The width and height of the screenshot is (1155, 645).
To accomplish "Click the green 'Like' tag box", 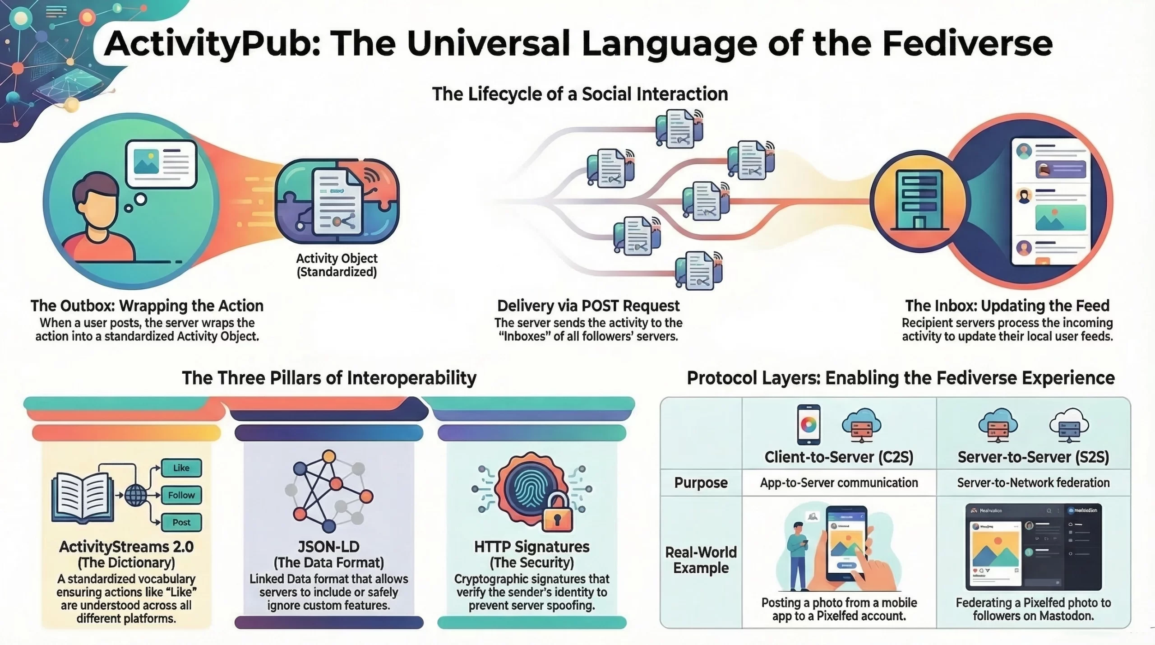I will (x=181, y=468).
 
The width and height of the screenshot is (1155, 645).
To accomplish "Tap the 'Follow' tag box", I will (x=181, y=495).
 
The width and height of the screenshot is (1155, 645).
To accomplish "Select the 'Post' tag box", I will (x=181, y=522).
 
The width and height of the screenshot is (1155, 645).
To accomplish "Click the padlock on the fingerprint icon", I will (x=558, y=514).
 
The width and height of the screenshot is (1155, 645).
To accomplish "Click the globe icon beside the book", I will (x=135, y=495).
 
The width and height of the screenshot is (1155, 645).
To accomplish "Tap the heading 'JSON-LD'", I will (x=328, y=547).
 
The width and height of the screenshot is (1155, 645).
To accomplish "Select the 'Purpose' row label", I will (x=701, y=483).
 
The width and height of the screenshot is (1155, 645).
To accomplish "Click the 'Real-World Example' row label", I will (x=701, y=560).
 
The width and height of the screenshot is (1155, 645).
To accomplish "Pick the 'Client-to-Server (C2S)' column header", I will (x=839, y=457).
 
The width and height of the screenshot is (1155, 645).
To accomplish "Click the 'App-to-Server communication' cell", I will (x=839, y=483).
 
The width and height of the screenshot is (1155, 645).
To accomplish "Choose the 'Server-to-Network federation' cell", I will (x=1033, y=483).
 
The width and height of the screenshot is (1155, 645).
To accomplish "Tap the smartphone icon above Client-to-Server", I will (x=808, y=425).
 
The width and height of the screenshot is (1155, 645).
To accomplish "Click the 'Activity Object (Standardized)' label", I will (x=337, y=265).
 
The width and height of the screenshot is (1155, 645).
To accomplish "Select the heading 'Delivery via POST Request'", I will (x=588, y=306).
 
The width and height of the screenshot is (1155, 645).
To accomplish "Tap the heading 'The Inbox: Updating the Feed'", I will (x=1007, y=306).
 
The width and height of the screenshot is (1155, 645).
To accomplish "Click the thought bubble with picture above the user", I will (x=161, y=164).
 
